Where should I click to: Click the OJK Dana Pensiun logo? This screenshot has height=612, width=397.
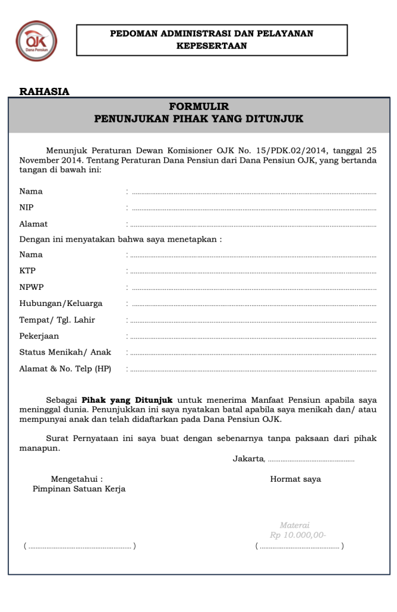36,41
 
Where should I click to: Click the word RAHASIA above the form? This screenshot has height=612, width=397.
44,91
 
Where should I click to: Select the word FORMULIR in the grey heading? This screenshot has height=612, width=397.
199,107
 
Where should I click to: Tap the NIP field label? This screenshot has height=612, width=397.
26,207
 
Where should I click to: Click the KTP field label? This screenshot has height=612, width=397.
27,270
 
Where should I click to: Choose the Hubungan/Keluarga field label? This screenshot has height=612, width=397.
60,303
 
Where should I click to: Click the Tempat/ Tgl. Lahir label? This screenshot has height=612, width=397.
57,320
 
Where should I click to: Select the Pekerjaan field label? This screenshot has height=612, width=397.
39,336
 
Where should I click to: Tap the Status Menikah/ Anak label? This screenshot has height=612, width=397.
64,352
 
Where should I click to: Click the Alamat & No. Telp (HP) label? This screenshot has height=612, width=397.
64,369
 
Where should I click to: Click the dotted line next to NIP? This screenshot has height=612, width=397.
254,209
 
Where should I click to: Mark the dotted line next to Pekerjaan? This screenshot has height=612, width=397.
254,338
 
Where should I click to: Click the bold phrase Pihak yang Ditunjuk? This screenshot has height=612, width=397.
127,399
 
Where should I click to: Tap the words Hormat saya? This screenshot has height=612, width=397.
296,479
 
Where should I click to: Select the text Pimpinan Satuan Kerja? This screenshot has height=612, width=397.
79,488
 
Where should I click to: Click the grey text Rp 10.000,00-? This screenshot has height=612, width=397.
297,535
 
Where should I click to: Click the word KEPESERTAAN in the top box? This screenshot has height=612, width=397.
211,45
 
